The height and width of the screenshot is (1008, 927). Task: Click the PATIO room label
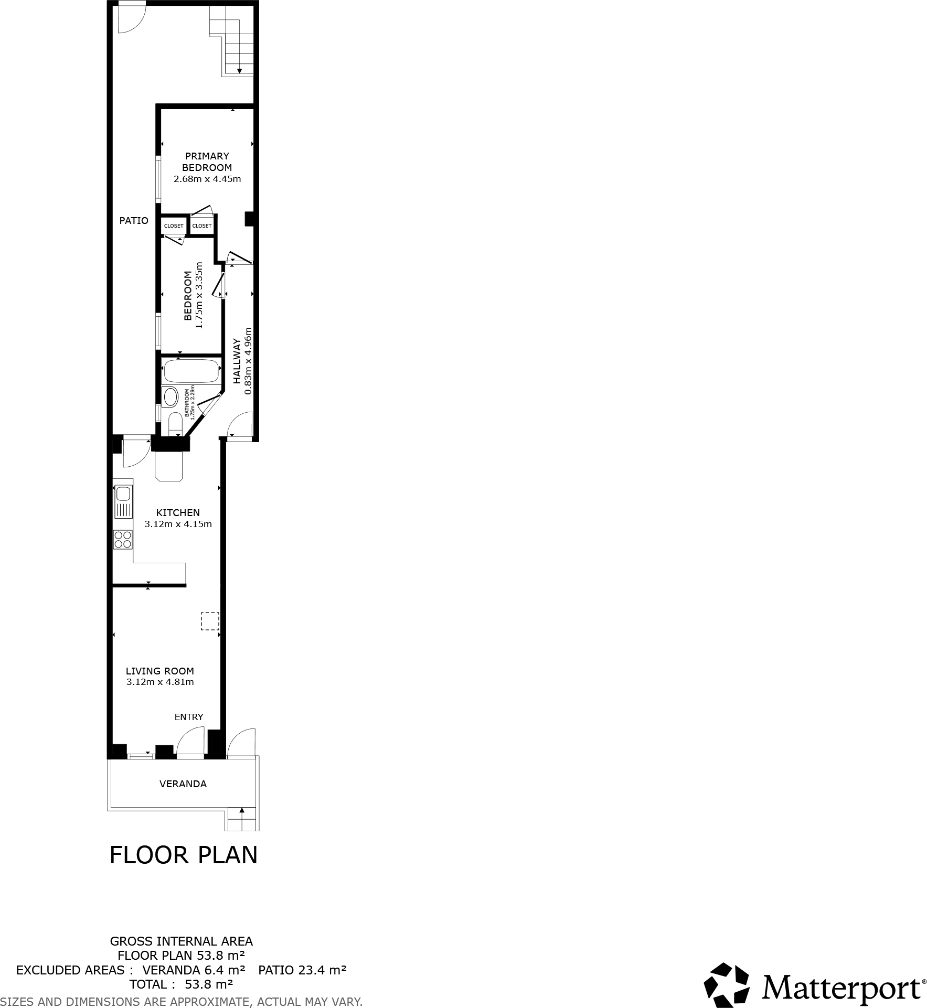(134, 221)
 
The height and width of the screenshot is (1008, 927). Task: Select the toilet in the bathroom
(175, 424)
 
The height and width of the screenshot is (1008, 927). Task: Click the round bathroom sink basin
(171, 397)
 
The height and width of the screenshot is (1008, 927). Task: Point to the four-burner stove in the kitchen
(123, 540)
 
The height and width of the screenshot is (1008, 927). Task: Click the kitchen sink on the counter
(123, 494)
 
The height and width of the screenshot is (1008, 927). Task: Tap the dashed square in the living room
(210, 621)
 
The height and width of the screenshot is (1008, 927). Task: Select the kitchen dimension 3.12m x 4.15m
(178, 524)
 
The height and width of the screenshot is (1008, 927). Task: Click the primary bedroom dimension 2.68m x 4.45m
(207, 179)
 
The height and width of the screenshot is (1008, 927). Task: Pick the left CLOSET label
(174, 226)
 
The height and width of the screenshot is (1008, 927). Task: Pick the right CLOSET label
(202, 226)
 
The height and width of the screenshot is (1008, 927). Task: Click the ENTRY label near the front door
(189, 717)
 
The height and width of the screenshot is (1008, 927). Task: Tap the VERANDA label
(183, 784)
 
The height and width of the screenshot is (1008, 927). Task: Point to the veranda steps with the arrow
(242, 819)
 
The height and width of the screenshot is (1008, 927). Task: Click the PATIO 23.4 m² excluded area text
(302, 970)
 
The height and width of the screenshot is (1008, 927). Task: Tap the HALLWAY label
(237, 361)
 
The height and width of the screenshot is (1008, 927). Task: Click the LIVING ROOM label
(160, 671)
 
